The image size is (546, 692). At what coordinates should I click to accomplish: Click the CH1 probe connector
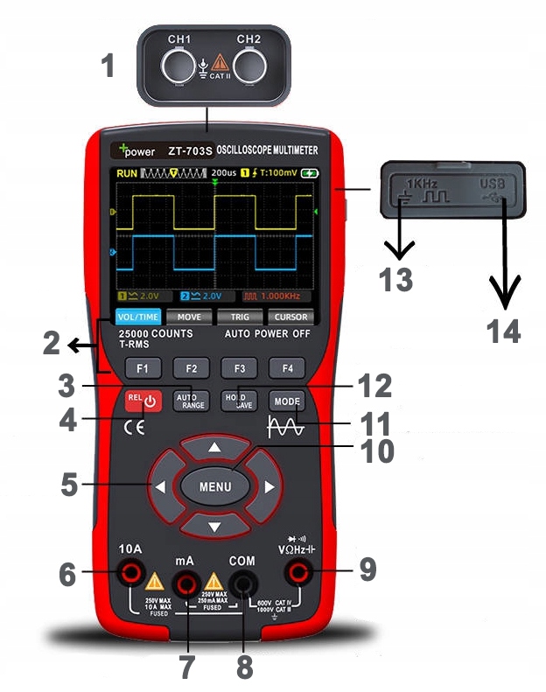180,66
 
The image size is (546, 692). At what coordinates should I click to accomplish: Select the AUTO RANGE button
190,400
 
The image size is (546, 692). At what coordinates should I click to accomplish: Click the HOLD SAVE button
237,400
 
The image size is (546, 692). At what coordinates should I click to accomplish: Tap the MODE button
285,400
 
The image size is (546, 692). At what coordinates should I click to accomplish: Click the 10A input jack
132,575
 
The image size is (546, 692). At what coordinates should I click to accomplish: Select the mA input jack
185,581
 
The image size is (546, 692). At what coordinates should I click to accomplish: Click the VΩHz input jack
302,575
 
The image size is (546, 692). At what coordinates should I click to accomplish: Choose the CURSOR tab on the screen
290,317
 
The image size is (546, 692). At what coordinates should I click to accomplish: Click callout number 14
504,331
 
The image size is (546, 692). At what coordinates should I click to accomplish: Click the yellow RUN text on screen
127,174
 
